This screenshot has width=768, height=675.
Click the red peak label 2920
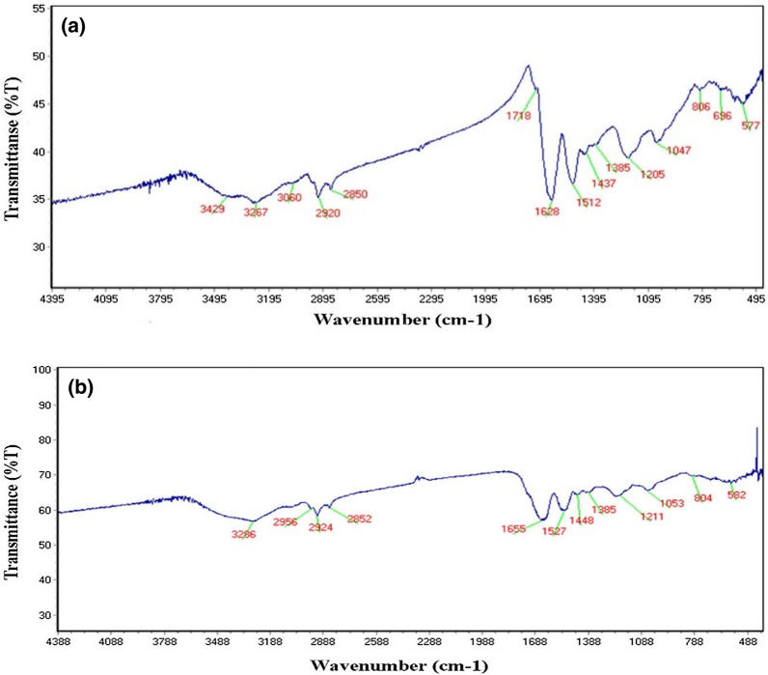click(328, 212)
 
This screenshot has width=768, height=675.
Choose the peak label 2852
click(358, 520)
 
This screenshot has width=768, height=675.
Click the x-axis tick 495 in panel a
click(755, 299)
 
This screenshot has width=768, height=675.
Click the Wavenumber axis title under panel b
click(399, 664)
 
